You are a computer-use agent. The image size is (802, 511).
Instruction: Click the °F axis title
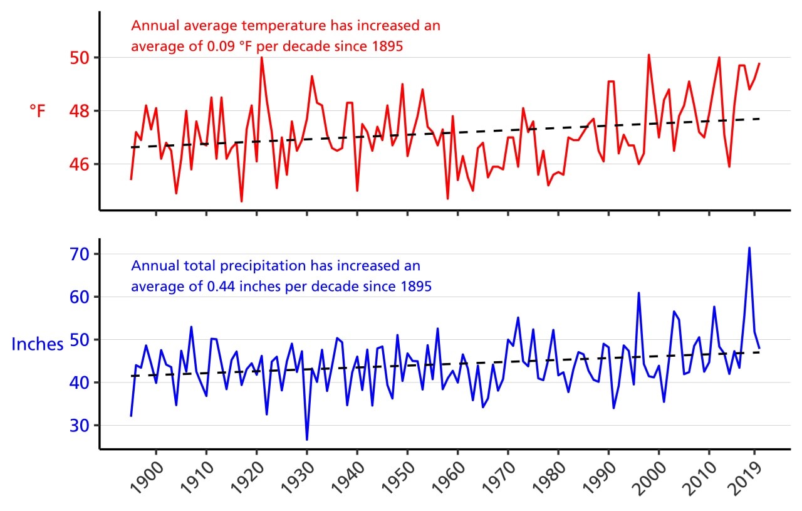[38, 111]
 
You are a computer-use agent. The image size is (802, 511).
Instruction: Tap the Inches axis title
[38, 344]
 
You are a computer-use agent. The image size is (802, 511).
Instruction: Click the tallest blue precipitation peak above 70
[749, 248]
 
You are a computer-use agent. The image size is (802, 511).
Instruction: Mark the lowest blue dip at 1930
[307, 439]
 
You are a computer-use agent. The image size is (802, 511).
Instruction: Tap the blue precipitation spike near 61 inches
[638, 293]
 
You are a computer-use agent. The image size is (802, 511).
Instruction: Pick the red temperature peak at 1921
[261, 58]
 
